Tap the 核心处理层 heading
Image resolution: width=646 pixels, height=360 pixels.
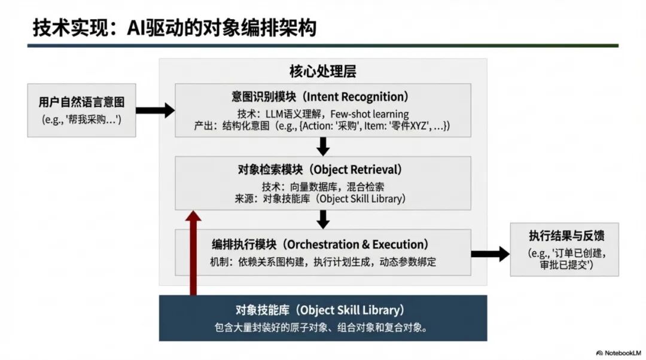[x=322, y=72]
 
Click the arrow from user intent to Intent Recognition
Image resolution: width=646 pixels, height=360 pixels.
[x=155, y=110]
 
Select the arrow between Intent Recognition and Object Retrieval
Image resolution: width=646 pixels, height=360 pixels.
[x=323, y=146]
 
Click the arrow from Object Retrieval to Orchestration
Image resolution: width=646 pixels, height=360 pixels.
[x=323, y=219]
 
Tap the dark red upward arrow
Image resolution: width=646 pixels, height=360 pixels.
[x=193, y=251]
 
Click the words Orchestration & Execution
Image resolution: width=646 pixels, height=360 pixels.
[x=356, y=245]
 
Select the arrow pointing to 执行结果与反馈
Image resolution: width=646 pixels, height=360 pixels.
[x=490, y=254]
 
